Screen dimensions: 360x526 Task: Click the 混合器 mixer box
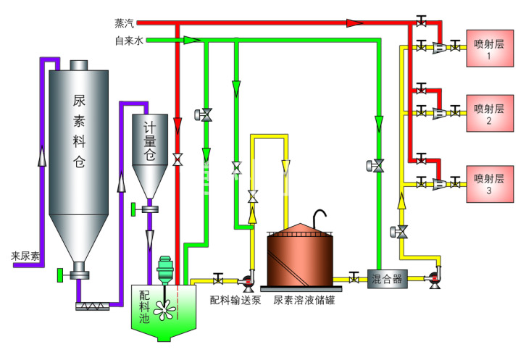[x=387, y=277]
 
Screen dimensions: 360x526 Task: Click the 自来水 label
[x=129, y=41]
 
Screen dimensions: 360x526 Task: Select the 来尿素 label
[x=26, y=256]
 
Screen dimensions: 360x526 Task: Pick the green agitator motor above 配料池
[x=164, y=268]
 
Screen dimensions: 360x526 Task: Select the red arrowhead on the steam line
[x=354, y=23]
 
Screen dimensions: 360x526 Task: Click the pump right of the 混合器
[x=435, y=276]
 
